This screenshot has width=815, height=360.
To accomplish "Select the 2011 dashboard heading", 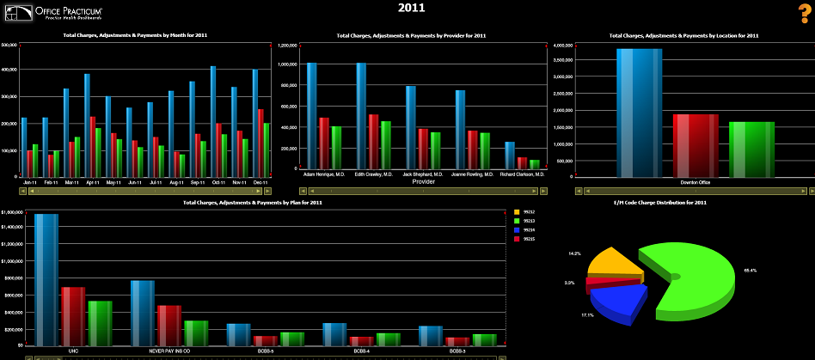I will (x=411, y=8).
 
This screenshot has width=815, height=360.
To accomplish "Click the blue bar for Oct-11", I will (x=213, y=121).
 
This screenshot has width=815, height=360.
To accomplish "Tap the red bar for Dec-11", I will (x=260, y=142).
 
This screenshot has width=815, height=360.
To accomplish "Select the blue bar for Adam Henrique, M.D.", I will (x=311, y=115).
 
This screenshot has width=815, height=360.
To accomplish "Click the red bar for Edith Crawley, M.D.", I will (x=373, y=141).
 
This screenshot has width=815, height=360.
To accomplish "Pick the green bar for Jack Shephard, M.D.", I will (x=436, y=149).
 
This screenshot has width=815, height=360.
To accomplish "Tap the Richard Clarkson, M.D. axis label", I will (x=522, y=174).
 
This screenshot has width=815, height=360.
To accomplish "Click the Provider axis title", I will (x=423, y=181).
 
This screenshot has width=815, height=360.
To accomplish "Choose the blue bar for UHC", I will (x=46, y=279).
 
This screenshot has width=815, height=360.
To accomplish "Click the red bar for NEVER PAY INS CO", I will (x=169, y=325).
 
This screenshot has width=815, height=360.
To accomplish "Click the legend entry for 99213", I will (x=529, y=221).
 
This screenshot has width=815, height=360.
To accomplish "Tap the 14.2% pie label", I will (x=573, y=253).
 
